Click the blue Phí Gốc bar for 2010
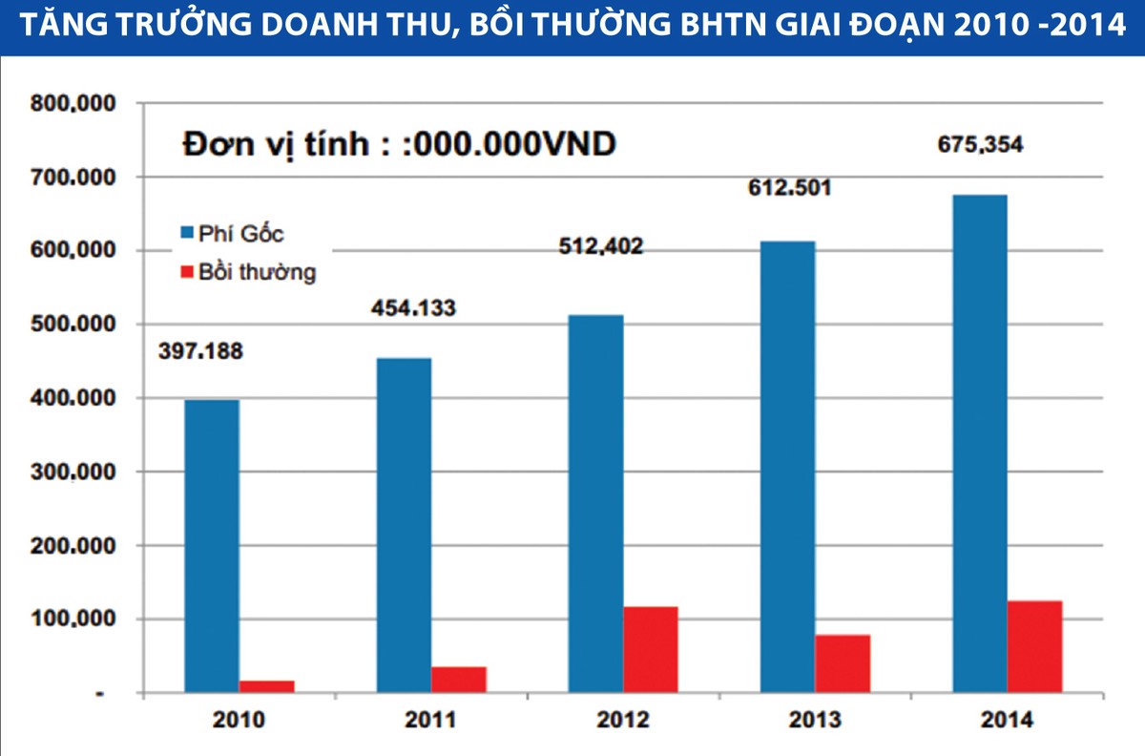(212, 545)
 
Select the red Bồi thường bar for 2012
(651, 649)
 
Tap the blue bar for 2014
(980, 444)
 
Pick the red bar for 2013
(843, 663)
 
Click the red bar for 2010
(267, 686)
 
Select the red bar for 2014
(1035, 646)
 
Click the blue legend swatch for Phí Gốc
(186, 233)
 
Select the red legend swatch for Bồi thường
(186, 272)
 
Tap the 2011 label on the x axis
(430, 721)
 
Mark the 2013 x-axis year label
(815, 721)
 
